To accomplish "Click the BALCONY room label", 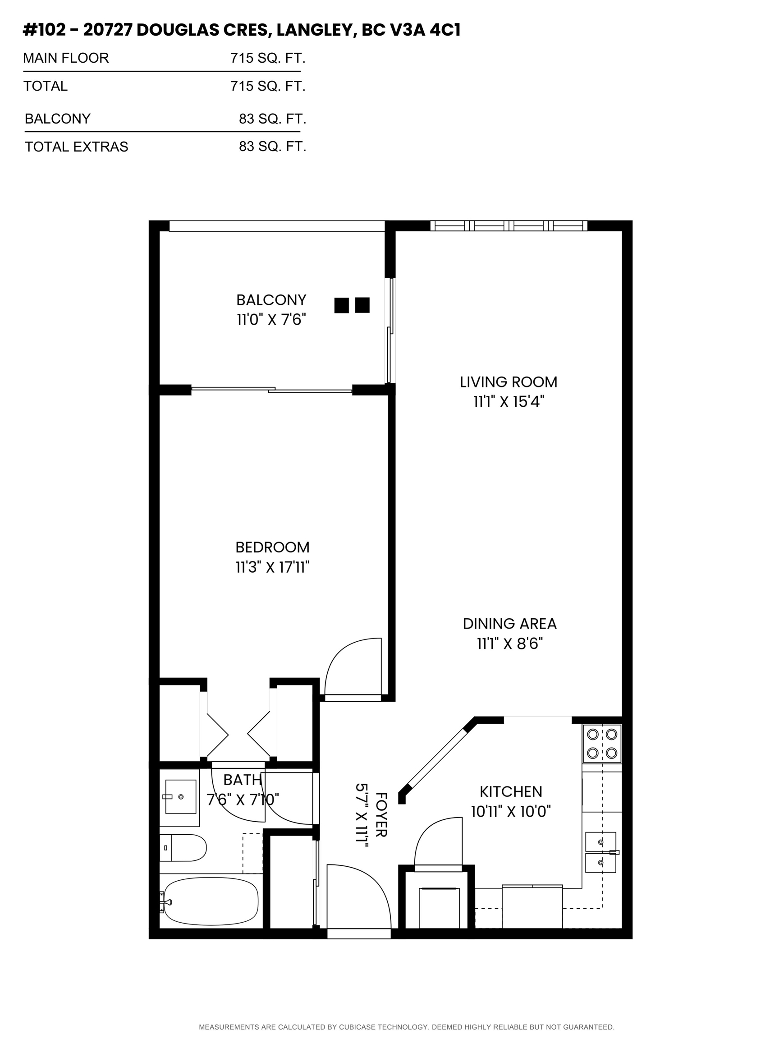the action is [x=271, y=300].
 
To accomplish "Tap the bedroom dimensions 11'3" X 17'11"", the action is [x=272, y=567].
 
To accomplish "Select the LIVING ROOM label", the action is [x=509, y=382].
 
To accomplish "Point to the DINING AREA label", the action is [x=509, y=624].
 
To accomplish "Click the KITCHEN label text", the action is [x=511, y=792].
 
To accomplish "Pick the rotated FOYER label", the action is [x=382, y=815].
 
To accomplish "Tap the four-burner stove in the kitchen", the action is [x=602, y=744].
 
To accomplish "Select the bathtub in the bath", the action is [x=210, y=901].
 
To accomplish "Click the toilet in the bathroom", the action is [x=183, y=848].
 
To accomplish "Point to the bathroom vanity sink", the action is [x=180, y=797].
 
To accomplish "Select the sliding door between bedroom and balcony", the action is [x=271, y=389].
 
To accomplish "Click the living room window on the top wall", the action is [x=509, y=226].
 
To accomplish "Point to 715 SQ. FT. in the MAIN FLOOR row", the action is [x=268, y=58].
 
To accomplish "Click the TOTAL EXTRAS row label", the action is [x=77, y=147].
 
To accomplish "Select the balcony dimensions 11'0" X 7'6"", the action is [x=271, y=320].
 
